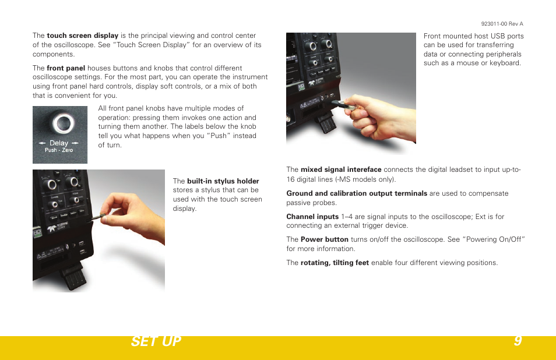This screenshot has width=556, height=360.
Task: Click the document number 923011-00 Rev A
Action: coord(502,24)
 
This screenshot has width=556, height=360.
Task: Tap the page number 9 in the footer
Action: coord(518,341)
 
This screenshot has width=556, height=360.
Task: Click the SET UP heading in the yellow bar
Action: coord(156,341)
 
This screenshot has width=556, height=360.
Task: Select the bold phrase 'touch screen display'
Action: coord(82,36)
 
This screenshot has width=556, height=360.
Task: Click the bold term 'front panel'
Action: coord(66,68)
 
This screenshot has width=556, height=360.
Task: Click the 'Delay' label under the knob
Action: coord(59,143)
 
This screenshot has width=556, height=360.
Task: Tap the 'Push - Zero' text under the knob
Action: coord(59,150)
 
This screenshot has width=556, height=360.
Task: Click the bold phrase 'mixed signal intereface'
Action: coord(341,170)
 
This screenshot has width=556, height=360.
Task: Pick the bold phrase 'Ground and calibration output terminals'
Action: coord(357,193)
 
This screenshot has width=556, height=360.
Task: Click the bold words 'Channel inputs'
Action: coord(312,217)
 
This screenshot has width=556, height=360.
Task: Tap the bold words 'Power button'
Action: coord(324,239)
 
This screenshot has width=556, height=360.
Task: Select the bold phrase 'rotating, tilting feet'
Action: coord(335,263)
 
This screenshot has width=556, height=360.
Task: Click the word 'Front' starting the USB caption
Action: coord(433,36)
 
